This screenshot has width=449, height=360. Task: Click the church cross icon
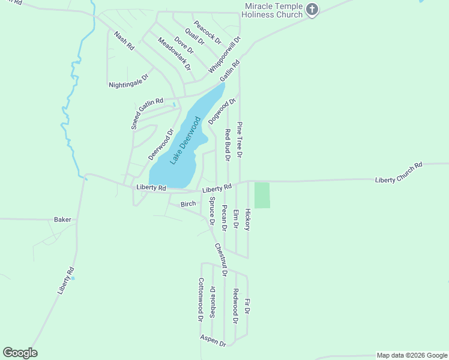(312, 9)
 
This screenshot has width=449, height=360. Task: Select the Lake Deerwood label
(185, 140)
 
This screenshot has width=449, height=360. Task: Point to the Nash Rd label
(124, 41)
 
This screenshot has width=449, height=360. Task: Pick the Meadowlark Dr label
(174, 54)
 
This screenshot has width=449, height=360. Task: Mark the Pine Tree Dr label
(239, 139)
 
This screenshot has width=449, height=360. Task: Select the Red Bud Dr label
(228, 145)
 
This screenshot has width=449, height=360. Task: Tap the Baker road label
(62, 220)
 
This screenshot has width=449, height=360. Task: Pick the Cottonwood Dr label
(201, 299)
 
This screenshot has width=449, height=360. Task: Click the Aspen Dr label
(213, 340)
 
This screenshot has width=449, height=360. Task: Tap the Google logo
(20, 353)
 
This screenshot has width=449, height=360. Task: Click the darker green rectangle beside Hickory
(262, 195)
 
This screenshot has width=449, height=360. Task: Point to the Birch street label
(188, 204)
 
